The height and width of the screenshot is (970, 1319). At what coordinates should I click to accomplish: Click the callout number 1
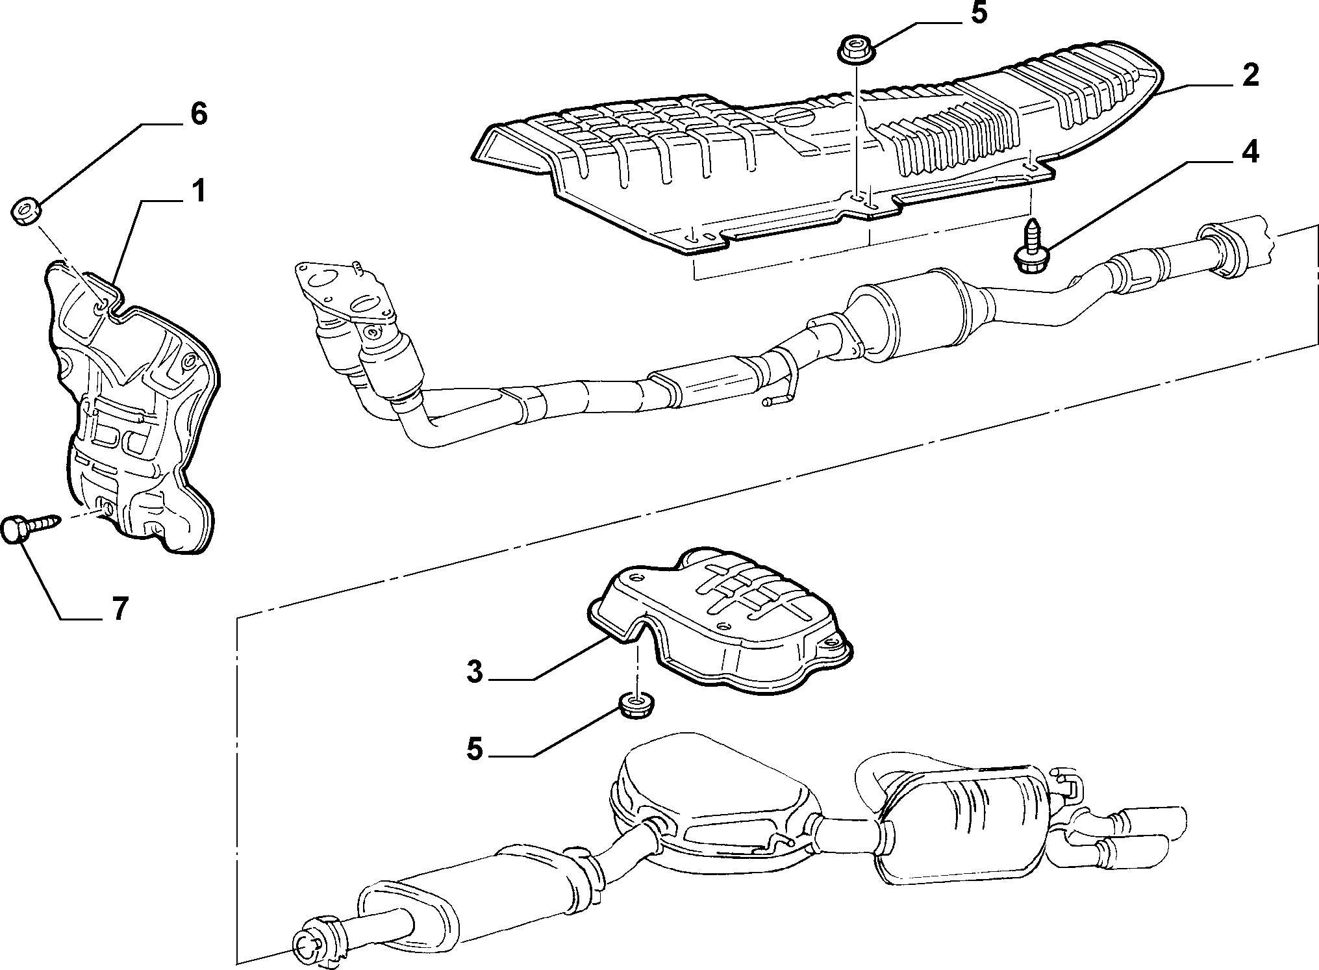[198, 193]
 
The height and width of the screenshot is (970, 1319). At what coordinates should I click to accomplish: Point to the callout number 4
[1250, 153]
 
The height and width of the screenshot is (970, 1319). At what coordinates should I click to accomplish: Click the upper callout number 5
[978, 14]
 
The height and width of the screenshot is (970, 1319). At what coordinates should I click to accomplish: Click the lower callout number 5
[475, 749]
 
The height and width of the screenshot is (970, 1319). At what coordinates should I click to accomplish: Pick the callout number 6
[198, 114]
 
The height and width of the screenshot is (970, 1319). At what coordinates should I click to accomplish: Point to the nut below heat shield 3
[636, 706]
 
